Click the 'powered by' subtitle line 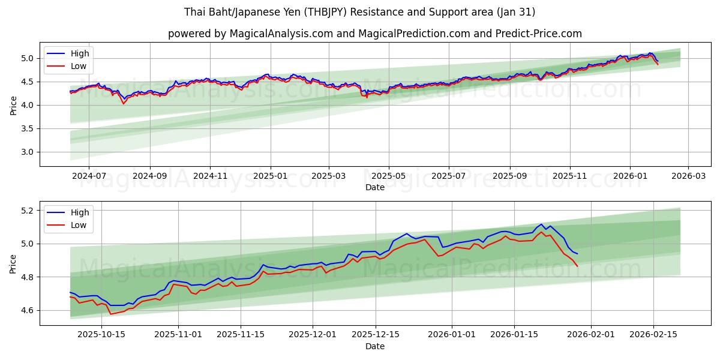(375, 34)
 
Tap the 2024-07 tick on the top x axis (88, 176)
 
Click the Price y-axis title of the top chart (13, 105)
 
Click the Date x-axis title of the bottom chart (375, 346)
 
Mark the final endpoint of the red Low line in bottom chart (577, 266)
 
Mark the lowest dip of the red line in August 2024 (124, 104)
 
